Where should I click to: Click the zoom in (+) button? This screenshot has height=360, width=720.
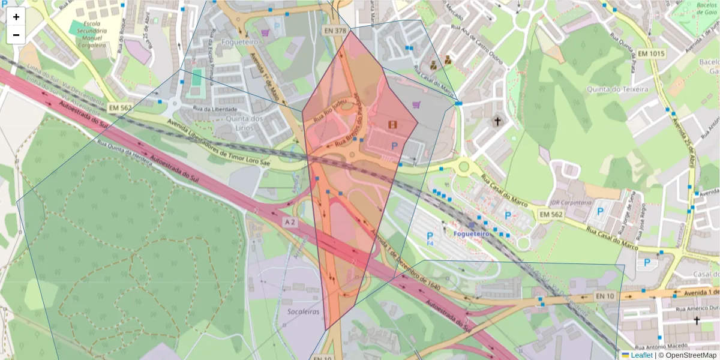(x=16, y=17)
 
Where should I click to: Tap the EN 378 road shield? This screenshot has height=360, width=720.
(x=335, y=30)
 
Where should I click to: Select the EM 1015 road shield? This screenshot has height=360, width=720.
(x=652, y=53)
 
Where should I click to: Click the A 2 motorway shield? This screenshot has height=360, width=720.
(x=290, y=222)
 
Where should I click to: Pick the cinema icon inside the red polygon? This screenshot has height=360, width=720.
(x=392, y=124)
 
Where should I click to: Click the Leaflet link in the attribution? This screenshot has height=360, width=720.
(x=641, y=355)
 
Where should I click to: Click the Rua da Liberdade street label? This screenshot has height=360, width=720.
(x=215, y=109)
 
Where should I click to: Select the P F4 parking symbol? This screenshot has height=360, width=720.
(x=430, y=238)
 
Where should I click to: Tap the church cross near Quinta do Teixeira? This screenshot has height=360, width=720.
(x=496, y=122)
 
